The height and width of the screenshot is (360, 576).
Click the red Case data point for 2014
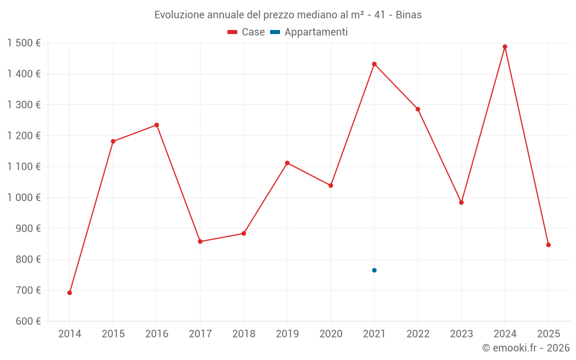[70, 293]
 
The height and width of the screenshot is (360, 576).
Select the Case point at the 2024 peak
[505, 47]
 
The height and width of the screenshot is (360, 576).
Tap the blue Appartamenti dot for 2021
[374, 270]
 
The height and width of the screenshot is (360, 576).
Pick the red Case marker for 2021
[374, 64]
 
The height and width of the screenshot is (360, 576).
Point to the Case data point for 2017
[200, 241]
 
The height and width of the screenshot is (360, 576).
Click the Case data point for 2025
[548, 245]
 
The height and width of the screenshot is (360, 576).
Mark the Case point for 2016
[157, 125]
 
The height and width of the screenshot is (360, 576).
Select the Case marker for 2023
[461, 202]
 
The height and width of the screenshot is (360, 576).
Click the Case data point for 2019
[287, 163]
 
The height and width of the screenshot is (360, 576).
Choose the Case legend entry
[247, 32]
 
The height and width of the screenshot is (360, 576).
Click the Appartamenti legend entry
[309, 32]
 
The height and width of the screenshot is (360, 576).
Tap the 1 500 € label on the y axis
[24, 43]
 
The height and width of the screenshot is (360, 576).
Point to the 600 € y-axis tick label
[27, 321]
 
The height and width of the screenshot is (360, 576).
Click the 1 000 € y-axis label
[24, 198]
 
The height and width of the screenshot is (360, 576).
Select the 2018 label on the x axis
[244, 334]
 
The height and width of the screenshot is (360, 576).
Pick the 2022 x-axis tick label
[418, 334]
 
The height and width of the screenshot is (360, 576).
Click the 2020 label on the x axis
[331, 334]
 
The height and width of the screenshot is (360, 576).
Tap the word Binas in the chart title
[408, 15]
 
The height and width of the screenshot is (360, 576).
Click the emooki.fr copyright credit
[526, 348]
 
